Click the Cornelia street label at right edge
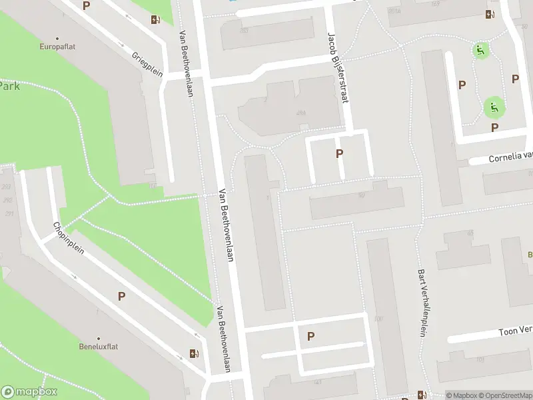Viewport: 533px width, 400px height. click(510, 157)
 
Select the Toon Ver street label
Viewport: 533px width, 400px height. click(516, 331)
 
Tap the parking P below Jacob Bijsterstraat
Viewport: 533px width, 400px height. click(340, 154)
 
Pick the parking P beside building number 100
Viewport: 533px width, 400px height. click(310, 337)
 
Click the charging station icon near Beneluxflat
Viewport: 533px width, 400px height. click(194, 354)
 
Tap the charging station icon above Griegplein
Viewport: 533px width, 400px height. click(155, 20)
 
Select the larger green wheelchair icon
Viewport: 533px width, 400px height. click(494, 106)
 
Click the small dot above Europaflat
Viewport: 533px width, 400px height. click(57, 38)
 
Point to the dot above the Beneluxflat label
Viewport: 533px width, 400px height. click(99, 339)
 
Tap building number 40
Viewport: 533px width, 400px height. click(360, 195)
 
